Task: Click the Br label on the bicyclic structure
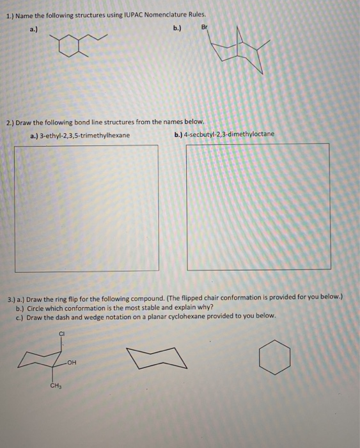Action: pos(205,27)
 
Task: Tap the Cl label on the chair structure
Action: pos(62,333)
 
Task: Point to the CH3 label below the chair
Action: pos(55,385)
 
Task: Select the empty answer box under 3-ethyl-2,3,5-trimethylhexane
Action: pos(87,207)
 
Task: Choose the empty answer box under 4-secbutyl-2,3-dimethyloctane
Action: pos(258,206)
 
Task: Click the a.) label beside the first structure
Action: pos(34,29)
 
